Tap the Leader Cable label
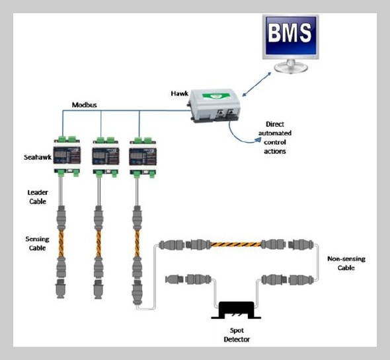[x=37, y=197]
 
